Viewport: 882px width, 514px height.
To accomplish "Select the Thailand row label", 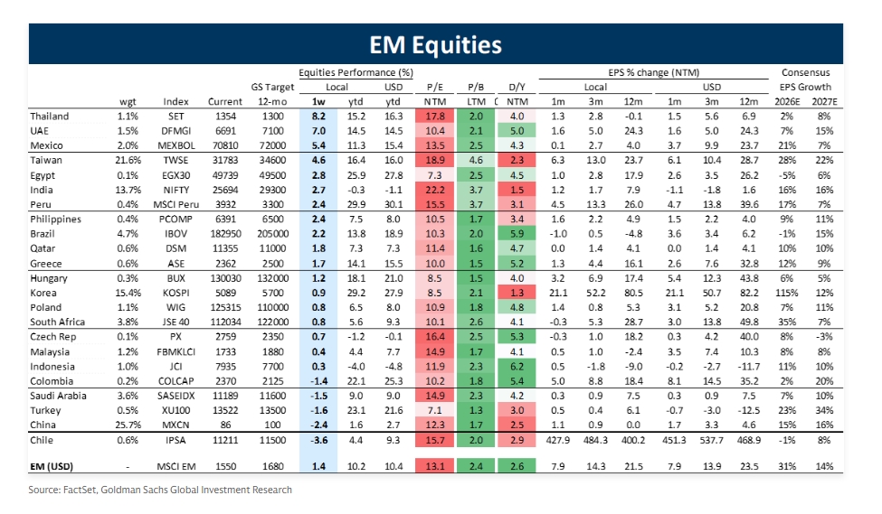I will coord(50,117).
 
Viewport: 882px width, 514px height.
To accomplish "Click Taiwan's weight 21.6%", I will coord(127,159).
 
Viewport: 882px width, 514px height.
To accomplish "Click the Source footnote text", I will coord(160,490).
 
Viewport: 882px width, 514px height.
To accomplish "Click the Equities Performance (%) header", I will coord(356,72).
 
